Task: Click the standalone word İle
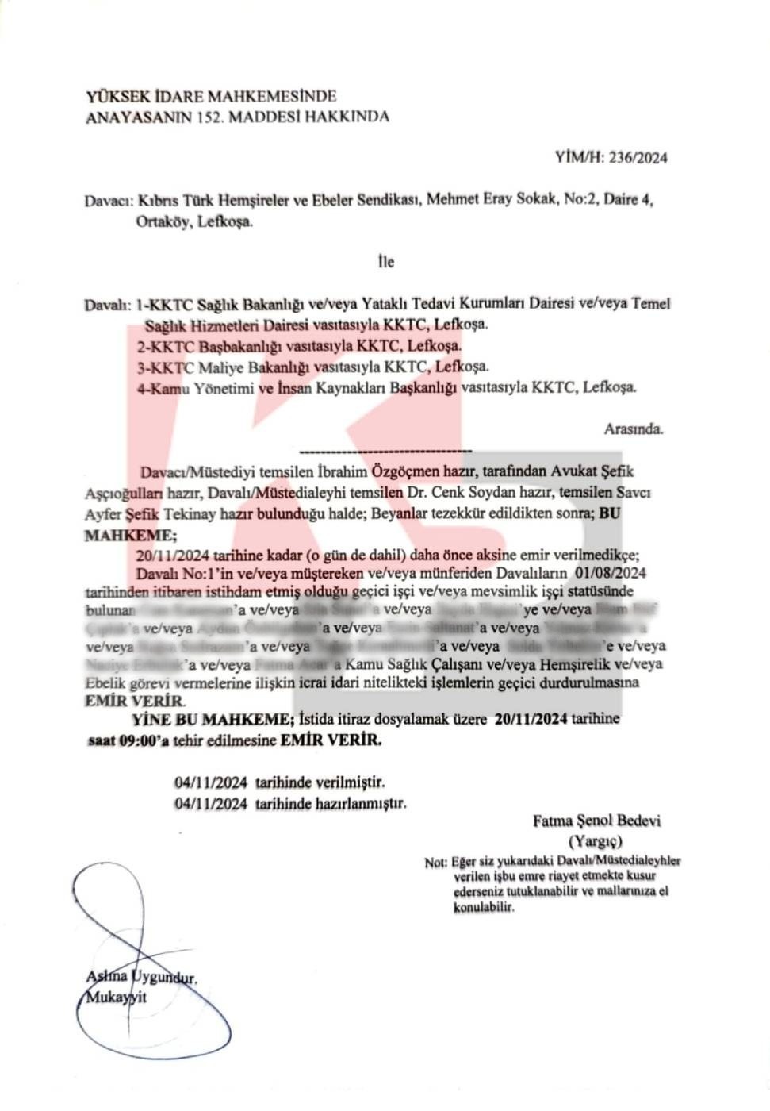(385, 261)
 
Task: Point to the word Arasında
(633, 429)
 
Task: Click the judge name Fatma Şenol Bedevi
(596, 821)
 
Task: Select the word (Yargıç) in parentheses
(596, 841)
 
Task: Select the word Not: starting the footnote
(435, 863)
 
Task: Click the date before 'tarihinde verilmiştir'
(211, 782)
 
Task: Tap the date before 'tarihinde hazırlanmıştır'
(211, 802)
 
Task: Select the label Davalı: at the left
(106, 305)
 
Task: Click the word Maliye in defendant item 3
(224, 367)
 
